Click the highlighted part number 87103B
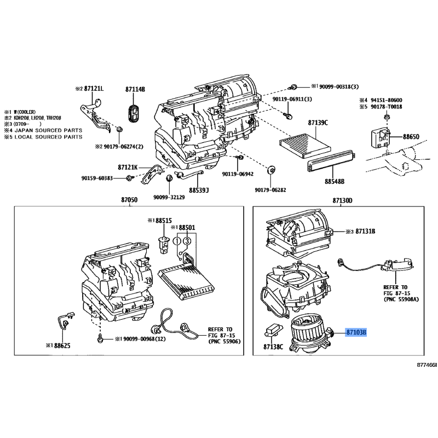356,332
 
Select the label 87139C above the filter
318,123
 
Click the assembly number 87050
129,201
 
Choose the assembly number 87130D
342,201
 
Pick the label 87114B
135,89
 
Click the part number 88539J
199,191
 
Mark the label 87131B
365,232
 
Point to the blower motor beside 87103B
310,333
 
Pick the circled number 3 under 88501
187,241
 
